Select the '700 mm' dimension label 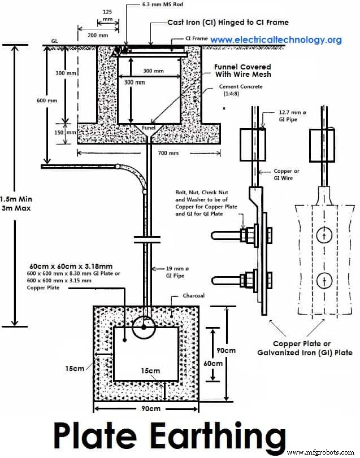[168, 152]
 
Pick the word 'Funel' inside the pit [149, 128]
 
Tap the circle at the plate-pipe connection [144, 326]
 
